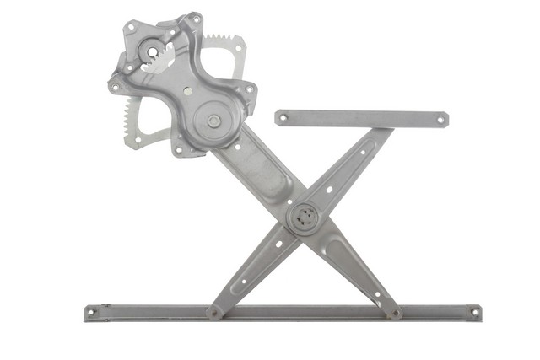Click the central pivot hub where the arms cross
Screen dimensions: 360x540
(304, 218)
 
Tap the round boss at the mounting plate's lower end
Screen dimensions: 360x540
(213, 121)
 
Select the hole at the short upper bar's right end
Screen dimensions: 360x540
(440, 120)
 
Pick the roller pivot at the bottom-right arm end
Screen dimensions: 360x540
(394, 313)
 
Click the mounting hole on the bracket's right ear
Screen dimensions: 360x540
(249, 89)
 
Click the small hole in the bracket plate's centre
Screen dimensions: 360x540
(187, 90)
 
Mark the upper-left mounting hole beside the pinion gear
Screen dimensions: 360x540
(131, 28)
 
